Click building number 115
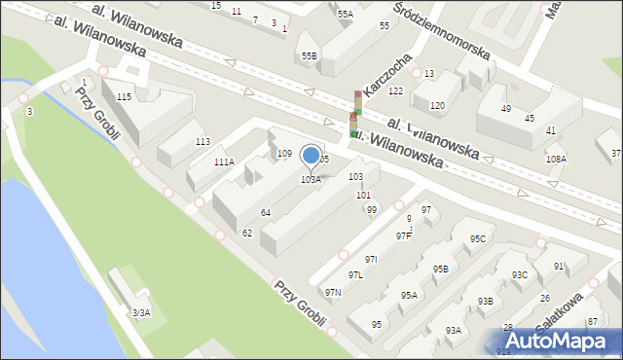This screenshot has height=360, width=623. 124,97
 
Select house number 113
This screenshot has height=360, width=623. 202,142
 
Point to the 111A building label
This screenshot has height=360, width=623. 224,162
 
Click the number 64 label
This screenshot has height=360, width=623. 265,212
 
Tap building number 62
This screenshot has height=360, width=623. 247,233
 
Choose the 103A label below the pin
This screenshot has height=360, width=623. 311,179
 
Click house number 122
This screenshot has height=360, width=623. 395,90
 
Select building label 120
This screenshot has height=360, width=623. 438,105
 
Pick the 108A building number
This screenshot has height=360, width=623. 556,159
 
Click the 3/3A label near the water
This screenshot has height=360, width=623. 141,312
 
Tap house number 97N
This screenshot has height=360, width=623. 333,292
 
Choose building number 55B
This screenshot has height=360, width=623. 309,56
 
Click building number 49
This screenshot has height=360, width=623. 506,109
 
